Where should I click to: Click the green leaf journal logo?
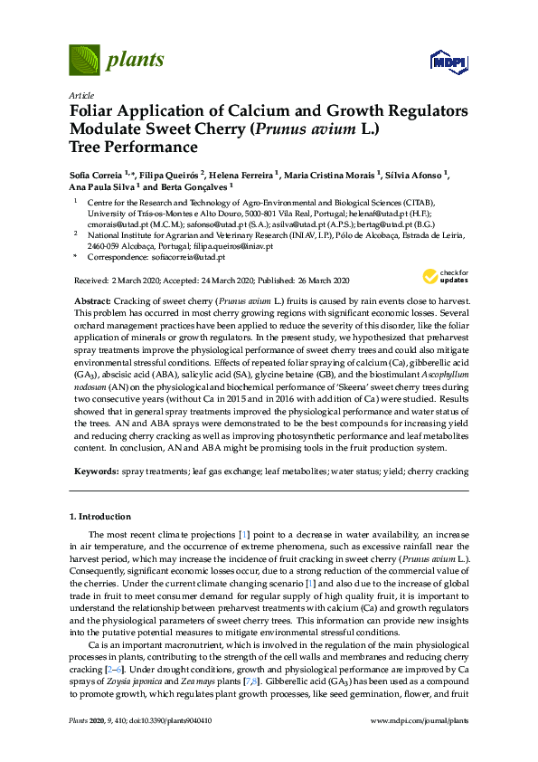(85, 61)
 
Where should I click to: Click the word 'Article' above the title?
(81, 95)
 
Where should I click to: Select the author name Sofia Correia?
(98, 174)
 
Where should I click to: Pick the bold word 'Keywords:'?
(94, 471)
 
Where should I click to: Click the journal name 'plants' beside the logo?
(136, 61)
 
